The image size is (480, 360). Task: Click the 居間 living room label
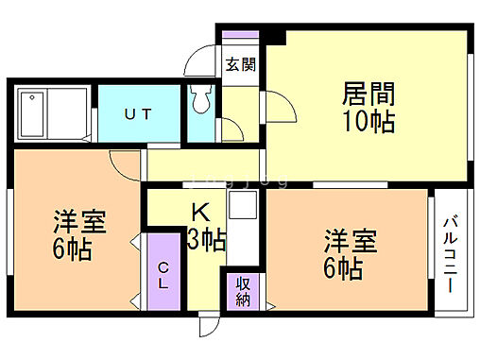[369, 95]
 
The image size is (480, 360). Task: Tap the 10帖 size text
[369, 122]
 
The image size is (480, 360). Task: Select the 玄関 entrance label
[240, 64]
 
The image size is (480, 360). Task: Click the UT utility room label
[141, 113]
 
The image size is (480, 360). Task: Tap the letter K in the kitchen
[201, 212]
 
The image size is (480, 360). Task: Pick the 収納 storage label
[243, 291]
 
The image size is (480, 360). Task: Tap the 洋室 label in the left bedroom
[78, 223]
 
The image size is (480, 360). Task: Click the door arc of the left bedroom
[124, 162]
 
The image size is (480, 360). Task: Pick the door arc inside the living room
[273, 109]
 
